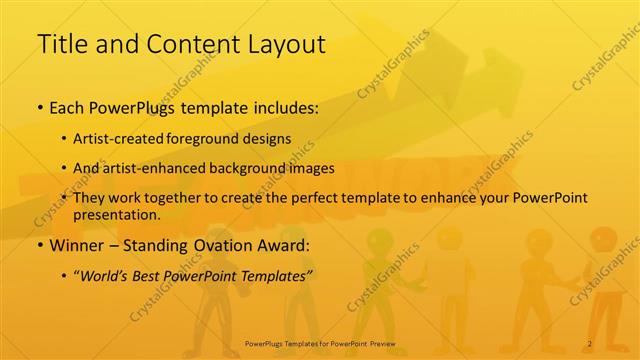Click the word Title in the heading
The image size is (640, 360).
point(58,43)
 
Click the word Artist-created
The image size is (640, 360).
point(135,139)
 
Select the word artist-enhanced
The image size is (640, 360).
point(164,168)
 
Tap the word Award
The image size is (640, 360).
point(291,245)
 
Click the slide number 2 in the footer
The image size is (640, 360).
point(590,344)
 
